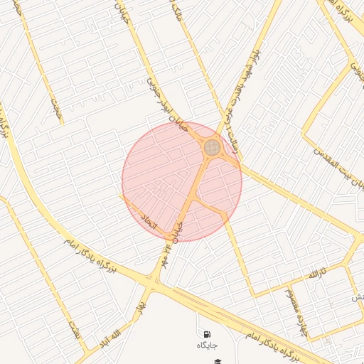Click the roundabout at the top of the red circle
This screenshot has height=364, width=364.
click(x=212, y=148)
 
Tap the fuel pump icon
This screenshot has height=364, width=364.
click(x=207, y=334)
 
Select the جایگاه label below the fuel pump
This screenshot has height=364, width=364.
click(x=207, y=345)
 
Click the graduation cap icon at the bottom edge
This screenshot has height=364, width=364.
click(x=218, y=360)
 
